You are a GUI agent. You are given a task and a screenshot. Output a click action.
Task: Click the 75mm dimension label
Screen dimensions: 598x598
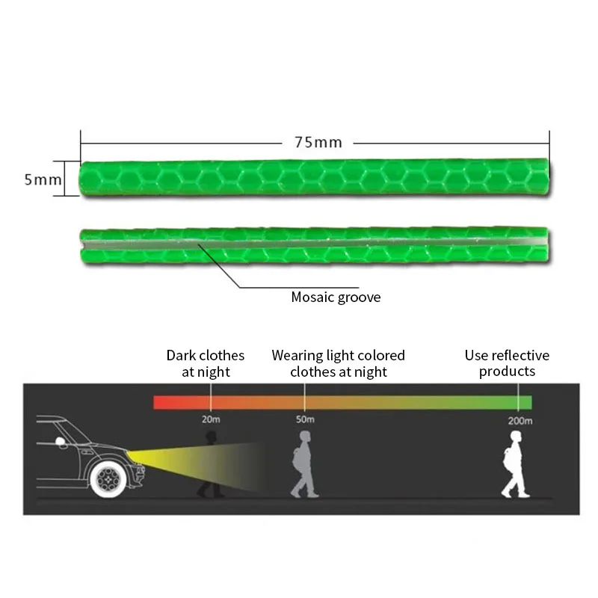click(x=313, y=142)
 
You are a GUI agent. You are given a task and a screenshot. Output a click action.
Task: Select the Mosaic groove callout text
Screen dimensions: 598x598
click(x=336, y=297)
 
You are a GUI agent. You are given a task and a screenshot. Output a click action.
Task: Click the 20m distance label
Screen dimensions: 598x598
click(x=210, y=419)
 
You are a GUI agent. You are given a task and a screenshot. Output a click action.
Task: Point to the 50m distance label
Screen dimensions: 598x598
click(x=305, y=419)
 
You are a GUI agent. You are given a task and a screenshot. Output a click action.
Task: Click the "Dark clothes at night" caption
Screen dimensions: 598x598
click(x=206, y=363)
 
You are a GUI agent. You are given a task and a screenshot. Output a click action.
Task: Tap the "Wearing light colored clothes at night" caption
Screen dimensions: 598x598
click(x=338, y=363)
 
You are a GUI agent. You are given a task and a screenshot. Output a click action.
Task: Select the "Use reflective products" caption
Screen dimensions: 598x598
click(x=507, y=363)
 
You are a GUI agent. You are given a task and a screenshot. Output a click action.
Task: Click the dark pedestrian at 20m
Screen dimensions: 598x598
click(x=209, y=463)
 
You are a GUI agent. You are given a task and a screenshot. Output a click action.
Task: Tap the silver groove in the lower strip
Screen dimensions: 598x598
click(x=314, y=244)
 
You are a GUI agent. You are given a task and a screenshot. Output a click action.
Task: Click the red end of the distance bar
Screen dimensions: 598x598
click(x=161, y=402)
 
